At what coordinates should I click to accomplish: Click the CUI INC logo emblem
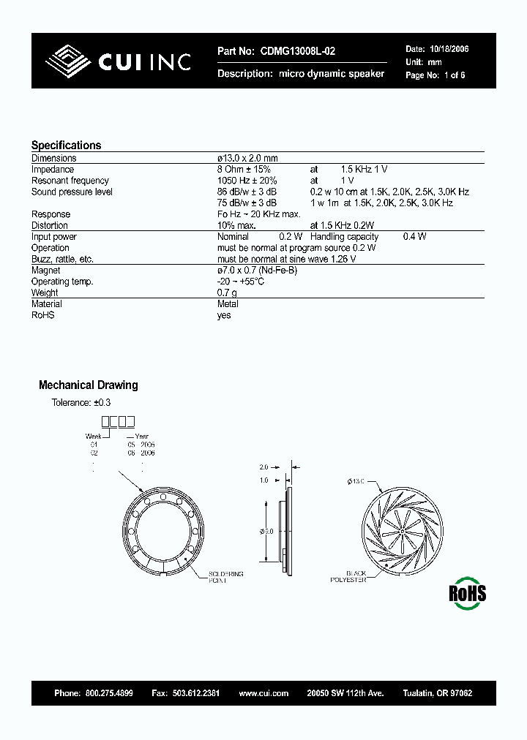tap(70, 61)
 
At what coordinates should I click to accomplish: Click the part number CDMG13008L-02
tap(295, 51)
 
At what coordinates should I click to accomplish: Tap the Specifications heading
tap(66, 145)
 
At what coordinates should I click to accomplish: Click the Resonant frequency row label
tap(70, 181)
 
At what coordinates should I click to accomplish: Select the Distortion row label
tap(50, 225)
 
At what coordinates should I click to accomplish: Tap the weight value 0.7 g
tap(228, 293)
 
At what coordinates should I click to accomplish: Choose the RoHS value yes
tap(224, 315)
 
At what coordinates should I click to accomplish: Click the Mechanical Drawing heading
tap(88, 385)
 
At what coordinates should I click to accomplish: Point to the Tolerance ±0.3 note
tap(81, 403)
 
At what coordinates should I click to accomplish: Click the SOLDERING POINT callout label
tap(226, 577)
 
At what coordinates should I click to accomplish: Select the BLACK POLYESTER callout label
tap(348, 577)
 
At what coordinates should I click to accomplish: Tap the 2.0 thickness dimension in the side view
tap(264, 466)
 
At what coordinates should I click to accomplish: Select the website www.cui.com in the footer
tap(263, 692)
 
